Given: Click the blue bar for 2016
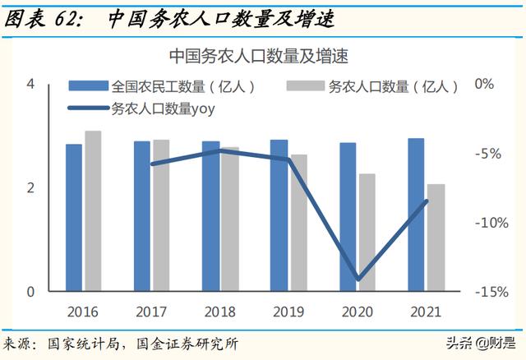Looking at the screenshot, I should coord(75,218).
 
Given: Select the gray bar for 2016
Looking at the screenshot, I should coord(93,211).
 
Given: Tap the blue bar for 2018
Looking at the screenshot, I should coord(211,216).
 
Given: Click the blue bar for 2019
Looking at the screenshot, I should coord(279,215).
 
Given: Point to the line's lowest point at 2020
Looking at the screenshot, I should coord(358,279).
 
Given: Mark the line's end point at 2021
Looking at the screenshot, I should coord(426,201).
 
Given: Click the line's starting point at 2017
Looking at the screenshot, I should coord(151,164).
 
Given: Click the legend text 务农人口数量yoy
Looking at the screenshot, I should coord(162,108).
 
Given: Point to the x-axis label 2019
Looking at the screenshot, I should coord(288,312).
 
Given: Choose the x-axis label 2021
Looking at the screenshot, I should coord(425,312).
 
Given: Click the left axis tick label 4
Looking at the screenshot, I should coord(30,84).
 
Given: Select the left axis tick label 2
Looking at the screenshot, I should coord(30,188).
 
